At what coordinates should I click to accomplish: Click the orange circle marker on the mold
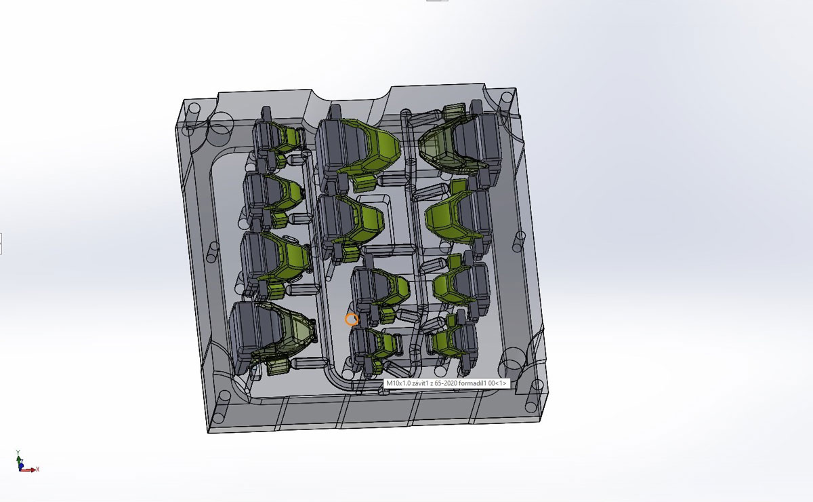[352, 320]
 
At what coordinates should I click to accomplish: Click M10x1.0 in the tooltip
[398, 383]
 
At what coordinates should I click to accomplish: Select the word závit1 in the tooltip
[419, 383]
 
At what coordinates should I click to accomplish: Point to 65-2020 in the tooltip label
[446, 383]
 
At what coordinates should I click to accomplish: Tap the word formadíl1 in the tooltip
[472, 383]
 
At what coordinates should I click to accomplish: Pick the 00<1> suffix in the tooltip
[497, 383]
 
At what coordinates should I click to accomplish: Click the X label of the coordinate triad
[37, 469]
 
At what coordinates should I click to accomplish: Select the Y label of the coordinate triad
[18, 452]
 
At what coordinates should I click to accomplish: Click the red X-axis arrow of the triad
[28, 470]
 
